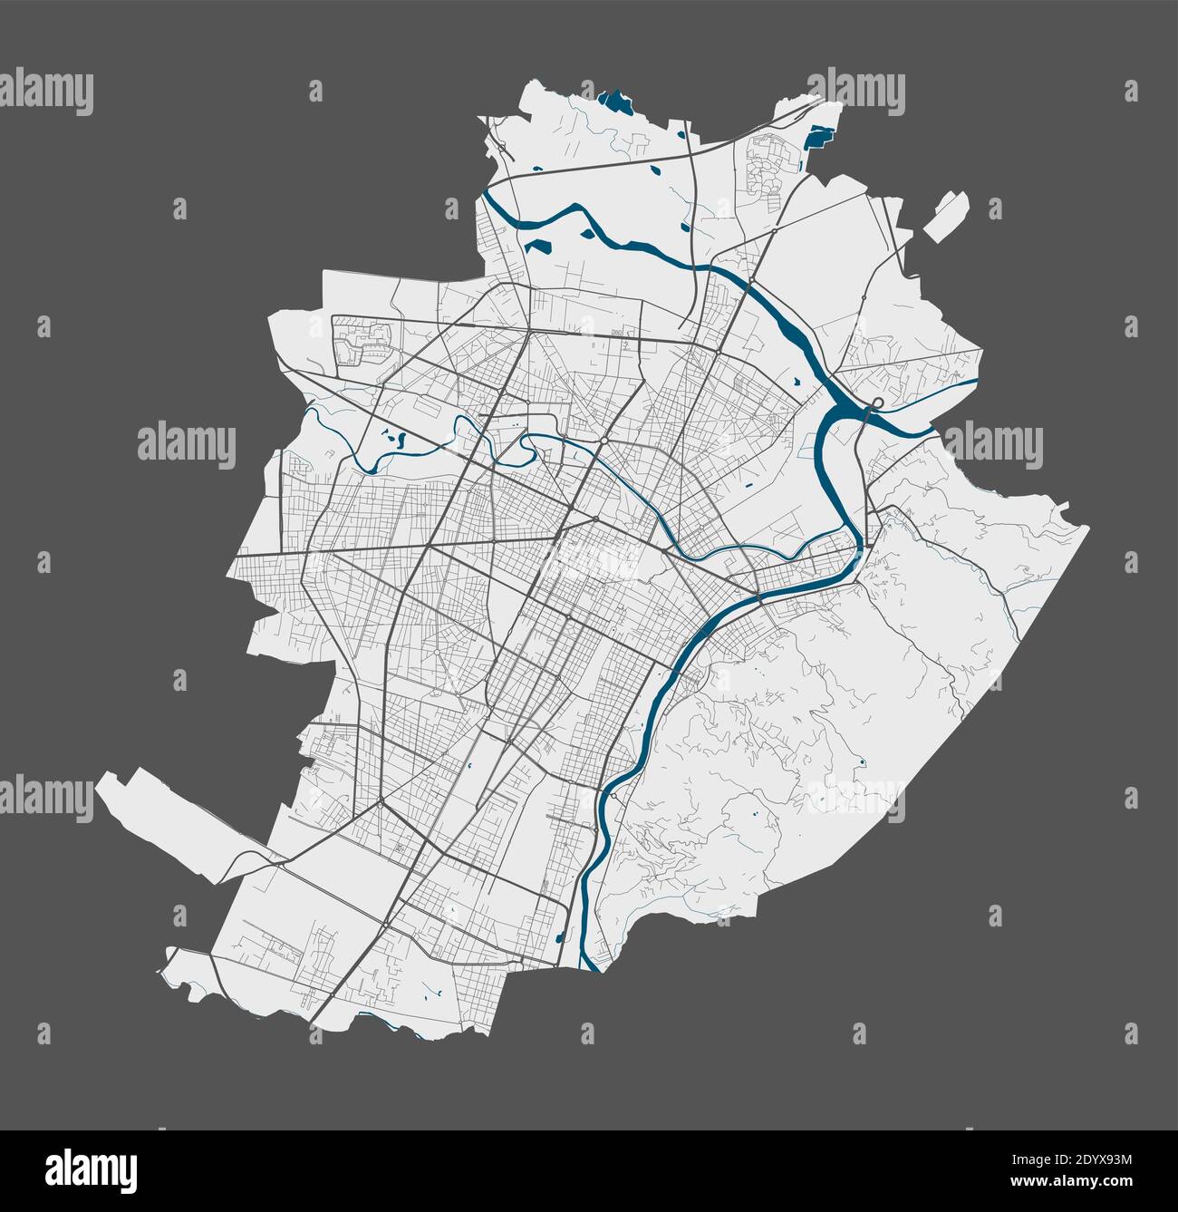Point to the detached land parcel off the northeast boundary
click(x=945, y=215)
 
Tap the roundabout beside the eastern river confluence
click(x=877, y=402)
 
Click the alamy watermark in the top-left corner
click(x=47, y=92)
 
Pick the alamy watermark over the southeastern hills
click(x=856, y=798)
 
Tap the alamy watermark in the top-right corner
click(x=856, y=92)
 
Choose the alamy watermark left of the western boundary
click(x=186, y=444)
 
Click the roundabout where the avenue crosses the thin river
click(x=603, y=441)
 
